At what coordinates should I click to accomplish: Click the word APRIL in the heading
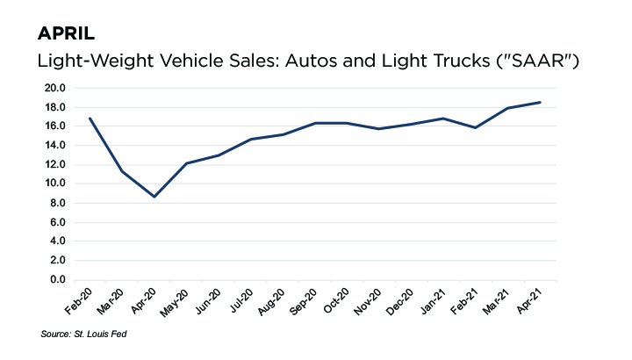coord(67,34)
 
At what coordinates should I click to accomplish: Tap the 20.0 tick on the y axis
coord(55,88)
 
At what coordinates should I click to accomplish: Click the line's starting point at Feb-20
coord(90,119)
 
